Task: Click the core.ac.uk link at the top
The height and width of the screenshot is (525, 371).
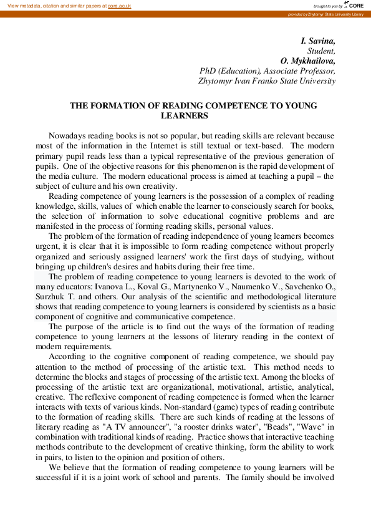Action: tap(119, 5)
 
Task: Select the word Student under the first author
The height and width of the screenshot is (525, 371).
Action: tap(322, 51)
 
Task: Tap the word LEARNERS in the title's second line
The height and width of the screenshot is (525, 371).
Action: tap(185, 116)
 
